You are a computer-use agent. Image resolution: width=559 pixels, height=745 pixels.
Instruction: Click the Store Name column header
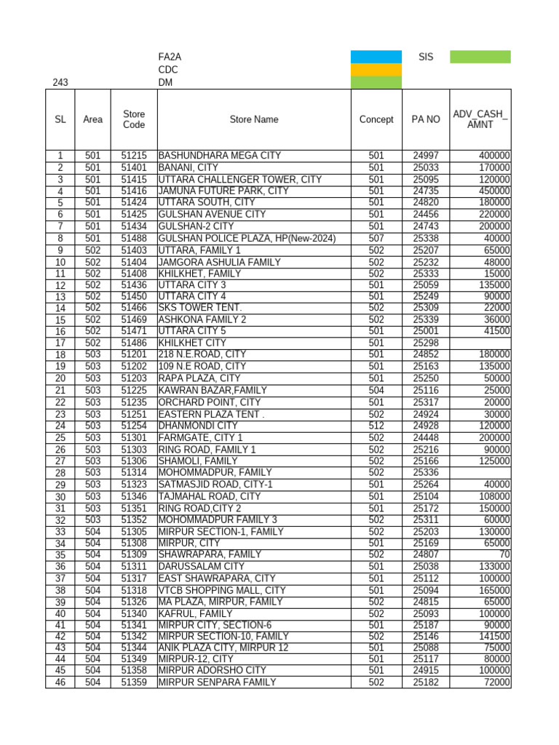[253, 119]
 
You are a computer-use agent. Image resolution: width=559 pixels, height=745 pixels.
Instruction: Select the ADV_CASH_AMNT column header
[480, 119]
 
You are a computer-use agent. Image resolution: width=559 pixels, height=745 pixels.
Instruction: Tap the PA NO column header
[425, 119]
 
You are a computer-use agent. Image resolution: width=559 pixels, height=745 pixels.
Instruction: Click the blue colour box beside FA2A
[376, 57]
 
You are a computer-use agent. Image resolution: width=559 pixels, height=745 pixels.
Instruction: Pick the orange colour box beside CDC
[376, 70]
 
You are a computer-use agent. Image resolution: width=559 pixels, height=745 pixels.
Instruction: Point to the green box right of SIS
[480, 57]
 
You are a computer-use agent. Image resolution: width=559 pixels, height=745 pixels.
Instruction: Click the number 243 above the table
[60, 83]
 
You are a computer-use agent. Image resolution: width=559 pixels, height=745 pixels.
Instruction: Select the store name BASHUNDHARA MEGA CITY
[219, 156]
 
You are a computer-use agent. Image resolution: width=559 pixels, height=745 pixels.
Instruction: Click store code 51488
[134, 238]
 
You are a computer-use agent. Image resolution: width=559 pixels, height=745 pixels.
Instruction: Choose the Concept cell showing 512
[376, 426]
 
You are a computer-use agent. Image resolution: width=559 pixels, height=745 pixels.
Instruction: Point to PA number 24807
[425, 554]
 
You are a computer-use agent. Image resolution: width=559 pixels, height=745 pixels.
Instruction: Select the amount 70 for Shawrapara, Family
[504, 554]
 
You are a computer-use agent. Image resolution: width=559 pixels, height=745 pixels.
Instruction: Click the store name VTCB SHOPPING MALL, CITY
[222, 590]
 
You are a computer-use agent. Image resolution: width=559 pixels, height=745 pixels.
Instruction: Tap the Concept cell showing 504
[376, 391]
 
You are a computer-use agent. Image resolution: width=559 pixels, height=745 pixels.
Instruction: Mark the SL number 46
[60, 682]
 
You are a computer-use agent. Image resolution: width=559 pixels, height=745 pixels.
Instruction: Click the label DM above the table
[165, 83]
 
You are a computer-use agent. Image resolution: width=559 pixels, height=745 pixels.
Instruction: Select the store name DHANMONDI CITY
[198, 426]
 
